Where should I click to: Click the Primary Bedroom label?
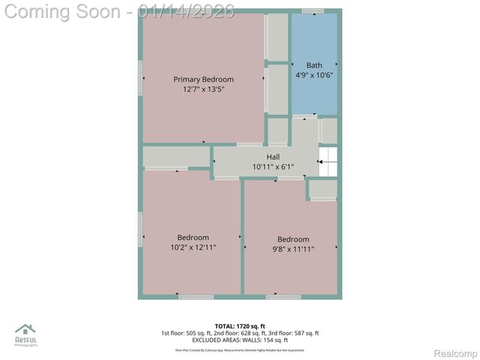coord(203,79)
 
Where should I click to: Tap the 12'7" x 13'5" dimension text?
coord(203,89)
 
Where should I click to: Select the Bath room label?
coord(313,65)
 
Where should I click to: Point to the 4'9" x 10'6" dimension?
coord(313,75)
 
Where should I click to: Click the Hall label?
coord(273,157)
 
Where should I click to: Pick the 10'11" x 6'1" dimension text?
coord(273,166)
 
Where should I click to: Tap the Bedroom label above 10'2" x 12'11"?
coord(193,238)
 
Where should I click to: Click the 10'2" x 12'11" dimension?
coord(193,247)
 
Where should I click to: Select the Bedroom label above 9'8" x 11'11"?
coord(292,240)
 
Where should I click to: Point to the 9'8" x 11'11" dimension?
coord(292,249)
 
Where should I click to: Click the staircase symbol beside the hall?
coord(328,161)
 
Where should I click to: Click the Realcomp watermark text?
coord(456,353)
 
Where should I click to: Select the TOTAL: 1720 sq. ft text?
coord(240,325)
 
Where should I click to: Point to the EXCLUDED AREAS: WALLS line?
coord(240,340)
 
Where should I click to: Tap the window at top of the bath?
coord(313,10)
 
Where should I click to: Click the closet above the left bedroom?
coord(176,156)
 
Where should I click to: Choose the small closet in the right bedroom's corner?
coord(323,189)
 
